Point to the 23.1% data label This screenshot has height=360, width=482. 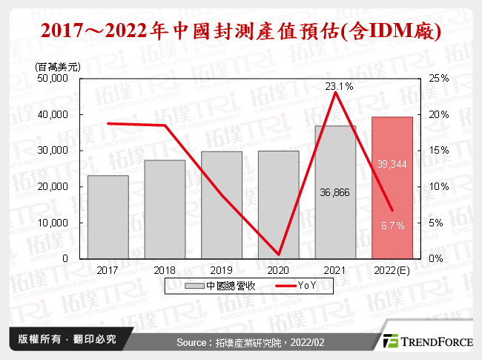click(339, 87)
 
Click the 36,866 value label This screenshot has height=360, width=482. click(334, 192)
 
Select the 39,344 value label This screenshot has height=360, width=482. click(392, 164)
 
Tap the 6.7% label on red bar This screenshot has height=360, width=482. click(392, 226)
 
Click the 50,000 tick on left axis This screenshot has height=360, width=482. click(52, 79)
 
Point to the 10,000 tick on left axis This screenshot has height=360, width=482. click(52, 223)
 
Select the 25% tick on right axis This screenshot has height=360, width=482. click(438, 79)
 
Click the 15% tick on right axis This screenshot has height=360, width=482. click(438, 151)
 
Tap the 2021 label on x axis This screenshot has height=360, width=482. click(334, 271)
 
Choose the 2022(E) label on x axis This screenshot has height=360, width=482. click(392, 271)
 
